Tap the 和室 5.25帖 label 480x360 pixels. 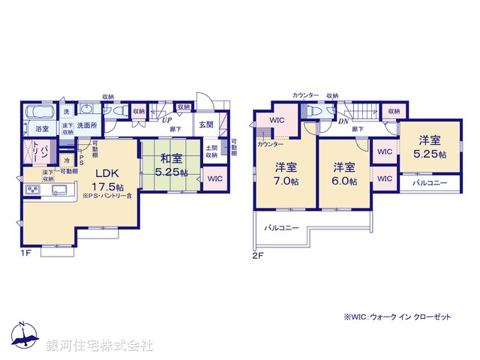coord(171,163)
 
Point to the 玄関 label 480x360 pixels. coord(206,125)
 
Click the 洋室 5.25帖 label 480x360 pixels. coord(429,146)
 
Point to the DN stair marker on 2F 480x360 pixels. coord(343,121)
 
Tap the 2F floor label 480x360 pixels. coord(259,254)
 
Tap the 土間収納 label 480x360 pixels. coord(212,151)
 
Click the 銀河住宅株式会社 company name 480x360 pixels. coord(100,346)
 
